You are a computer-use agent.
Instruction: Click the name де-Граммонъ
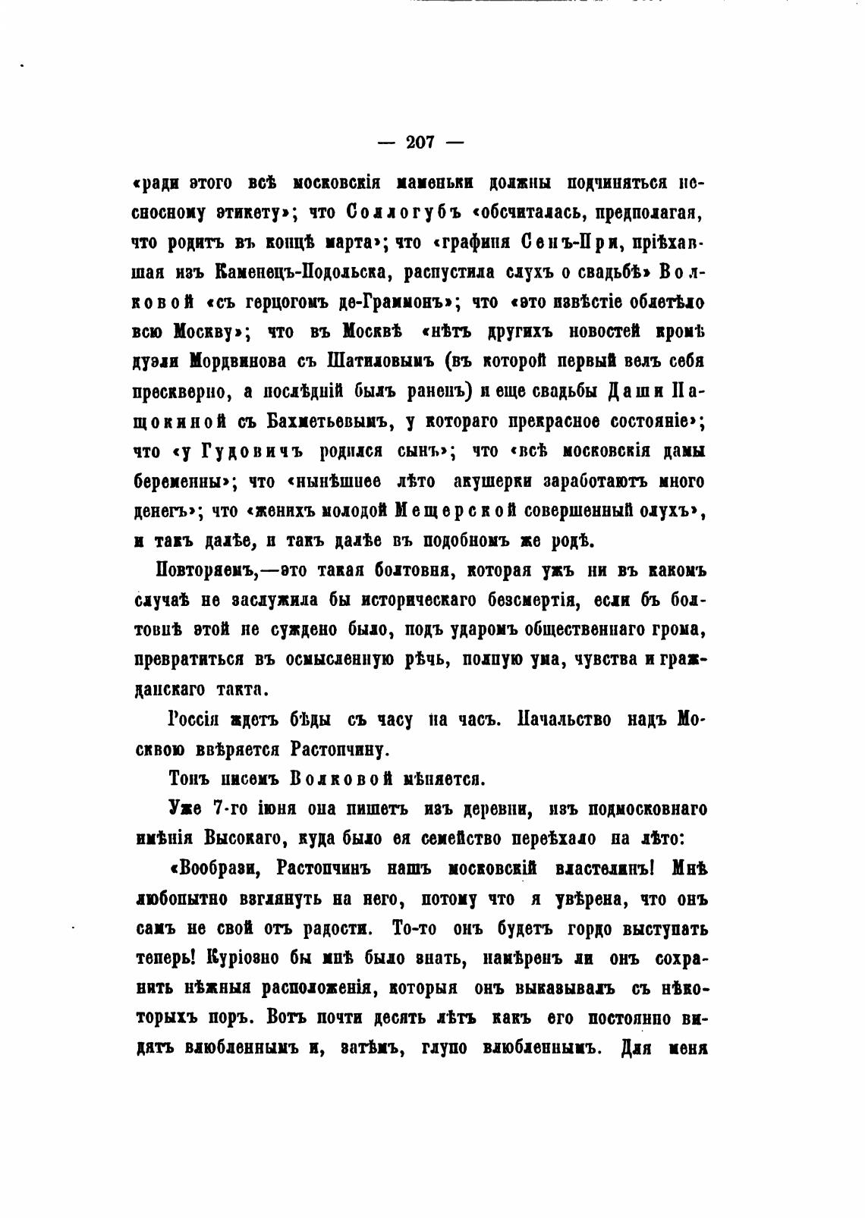point(396,302)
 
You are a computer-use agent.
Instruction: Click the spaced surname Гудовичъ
point(242,451)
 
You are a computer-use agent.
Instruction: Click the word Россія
point(194,720)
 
